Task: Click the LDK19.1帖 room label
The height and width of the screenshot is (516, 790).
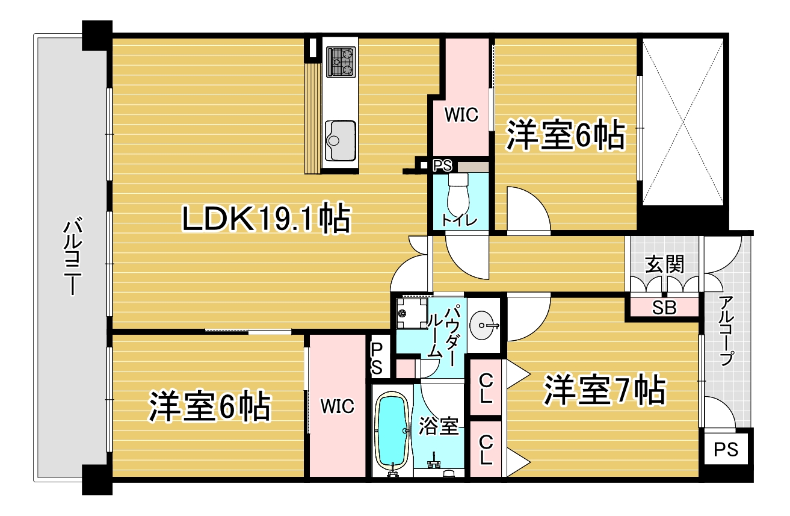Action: [x=267, y=218]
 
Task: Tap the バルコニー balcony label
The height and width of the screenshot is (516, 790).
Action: [x=73, y=257]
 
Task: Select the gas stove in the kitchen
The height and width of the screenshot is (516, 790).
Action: [x=340, y=62]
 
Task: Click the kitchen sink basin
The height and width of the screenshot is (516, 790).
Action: [x=340, y=140]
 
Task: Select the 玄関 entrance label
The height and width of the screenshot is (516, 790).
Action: [x=664, y=264]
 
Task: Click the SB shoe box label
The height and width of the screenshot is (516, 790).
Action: [x=664, y=308]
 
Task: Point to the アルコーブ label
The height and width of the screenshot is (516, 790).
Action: [x=726, y=331]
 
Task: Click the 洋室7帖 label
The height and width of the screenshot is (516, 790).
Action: [x=604, y=390]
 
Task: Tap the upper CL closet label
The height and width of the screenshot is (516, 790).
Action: [x=486, y=388]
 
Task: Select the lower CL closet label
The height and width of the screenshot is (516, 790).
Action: [x=486, y=449]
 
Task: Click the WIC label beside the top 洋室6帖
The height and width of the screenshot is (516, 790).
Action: [x=461, y=115]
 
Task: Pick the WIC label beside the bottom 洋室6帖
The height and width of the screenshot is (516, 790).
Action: [x=337, y=406]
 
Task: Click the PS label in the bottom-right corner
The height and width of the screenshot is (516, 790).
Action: [x=726, y=450]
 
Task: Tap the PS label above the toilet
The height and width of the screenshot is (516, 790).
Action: [x=442, y=166]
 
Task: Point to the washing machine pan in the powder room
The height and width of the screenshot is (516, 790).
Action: [x=412, y=314]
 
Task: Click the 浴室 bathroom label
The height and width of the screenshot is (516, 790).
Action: [x=439, y=426]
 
